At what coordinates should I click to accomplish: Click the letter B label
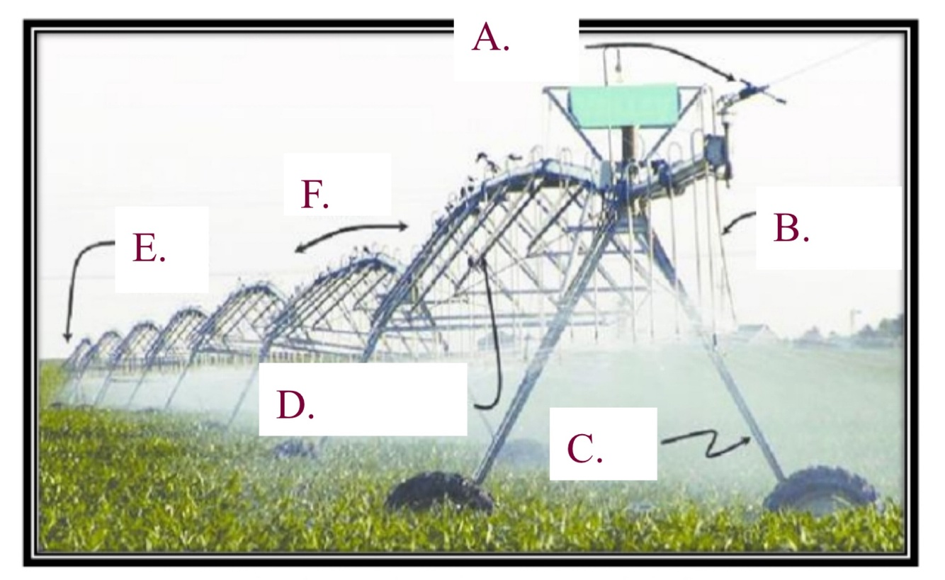pyautogui.click(x=791, y=228)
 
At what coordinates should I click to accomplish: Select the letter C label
pyautogui.click(x=584, y=448)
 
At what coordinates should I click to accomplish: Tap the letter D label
pyautogui.click(x=295, y=404)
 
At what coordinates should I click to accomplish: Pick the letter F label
pyautogui.click(x=315, y=195)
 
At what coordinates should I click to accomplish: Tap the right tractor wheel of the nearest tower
pyautogui.click(x=822, y=489)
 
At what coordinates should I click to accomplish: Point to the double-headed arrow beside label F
pyautogui.click(x=352, y=236)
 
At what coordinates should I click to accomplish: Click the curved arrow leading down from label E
pyautogui.click(x=79, y=283)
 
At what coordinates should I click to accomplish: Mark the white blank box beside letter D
pyautogui.click(x=397, y=399)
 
